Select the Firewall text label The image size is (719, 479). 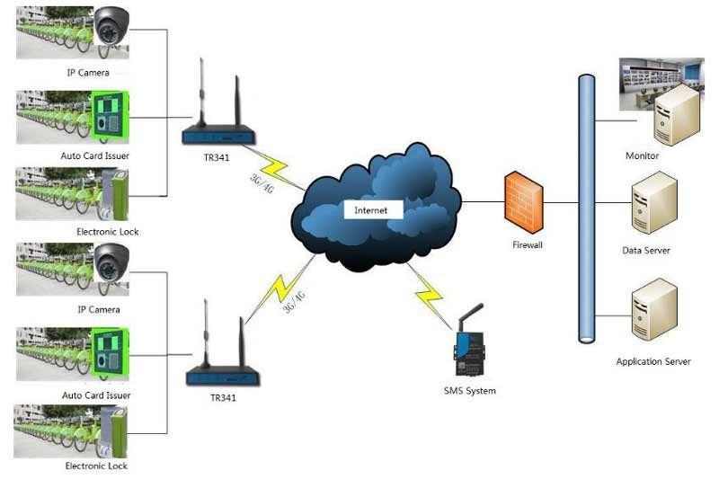click(528, 244)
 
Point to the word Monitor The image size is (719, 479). click(642, 156)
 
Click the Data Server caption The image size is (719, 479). click(645, 251)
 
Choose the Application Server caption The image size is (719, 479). click(653, 362)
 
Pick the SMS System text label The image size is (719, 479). click(469, 391)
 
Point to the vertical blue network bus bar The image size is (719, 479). click(587, 207)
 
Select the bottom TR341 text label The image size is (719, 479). click(223, 396)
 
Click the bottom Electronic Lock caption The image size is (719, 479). click(96, 466)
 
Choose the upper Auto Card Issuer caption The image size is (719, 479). click(96, 155)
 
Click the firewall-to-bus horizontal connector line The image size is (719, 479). click(562, 203)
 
